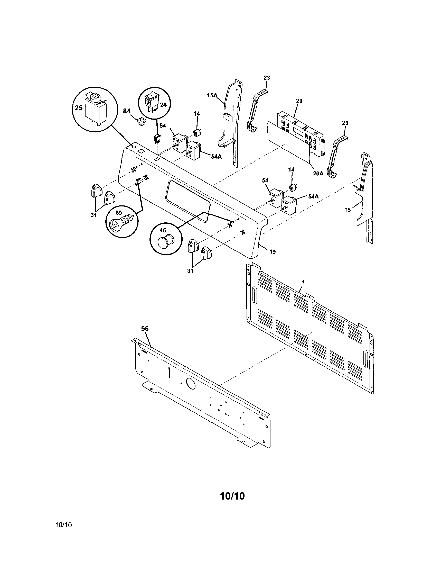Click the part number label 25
[79, 107]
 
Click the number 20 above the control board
[299, 101]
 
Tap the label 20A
[318, 173]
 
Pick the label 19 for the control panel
[273, 252]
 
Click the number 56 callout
[145, 329]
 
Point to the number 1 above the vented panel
[303, 282]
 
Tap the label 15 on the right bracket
[348, 210]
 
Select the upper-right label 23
[267, 78]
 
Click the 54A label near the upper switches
[217, 157]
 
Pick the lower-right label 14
[291, 170]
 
